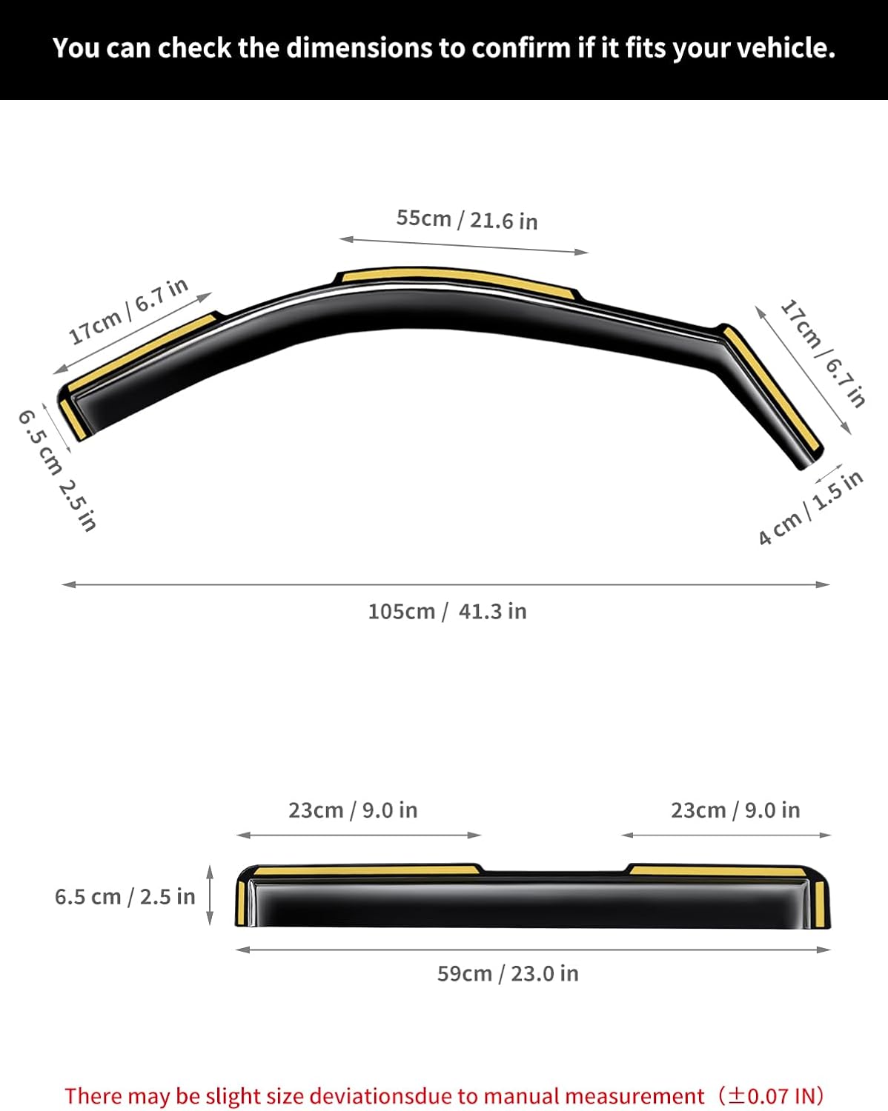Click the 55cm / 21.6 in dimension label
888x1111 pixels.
pyautogui.click(x=466, y=219)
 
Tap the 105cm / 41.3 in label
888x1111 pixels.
pyautogui.click(x=447, y=611)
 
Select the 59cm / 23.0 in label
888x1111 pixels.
pyautogui.click(x=508, y=972)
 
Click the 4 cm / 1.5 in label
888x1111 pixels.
pyautogui.click(x=810, y=507)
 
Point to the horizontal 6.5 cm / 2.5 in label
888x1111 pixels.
pyautogui.click(x=125, y=896)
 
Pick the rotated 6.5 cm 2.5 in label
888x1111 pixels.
pyautogui.click(x=57, y=470)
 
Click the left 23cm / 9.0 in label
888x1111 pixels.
pyautogui.click(x=353, y=810)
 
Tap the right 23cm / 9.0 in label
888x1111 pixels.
pyautogui.click(x=735, y=810)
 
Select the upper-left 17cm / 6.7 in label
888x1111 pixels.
pyautogui.click(x=128, y=312)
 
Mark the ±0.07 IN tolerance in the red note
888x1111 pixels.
pyautogui.click(x=775, y=1095)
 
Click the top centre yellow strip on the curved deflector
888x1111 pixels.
pyautogui.click(x=456, y=278)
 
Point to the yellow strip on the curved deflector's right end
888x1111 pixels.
pyautogui.click(x=771, y=388)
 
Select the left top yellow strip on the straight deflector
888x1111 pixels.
pyautogui.click(x=363, y=870)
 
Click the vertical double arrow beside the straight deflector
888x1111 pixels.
pyautogui.click(x=210, y=895)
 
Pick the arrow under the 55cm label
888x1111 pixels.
pyautogui.click(x=463, y=245)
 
